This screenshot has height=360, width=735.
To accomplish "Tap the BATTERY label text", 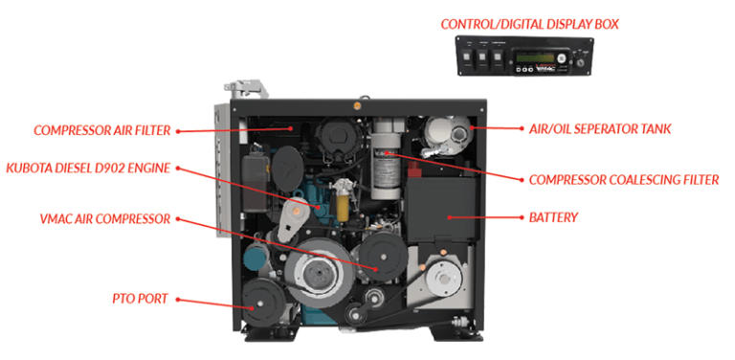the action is [553, 217].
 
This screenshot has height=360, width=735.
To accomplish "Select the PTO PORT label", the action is [140, 299].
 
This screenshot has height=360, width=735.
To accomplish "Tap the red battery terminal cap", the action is [414, 167].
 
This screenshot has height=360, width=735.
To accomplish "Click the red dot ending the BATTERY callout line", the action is [449, 217].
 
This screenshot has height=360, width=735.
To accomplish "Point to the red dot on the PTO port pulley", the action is [253, 307].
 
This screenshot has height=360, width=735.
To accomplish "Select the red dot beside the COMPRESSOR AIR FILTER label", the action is [178, 132].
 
